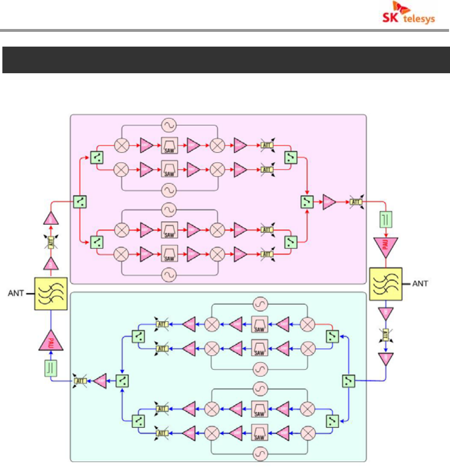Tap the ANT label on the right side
tap(419, 284)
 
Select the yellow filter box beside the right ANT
tap(386, 284)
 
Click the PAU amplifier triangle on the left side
tap(50, 341)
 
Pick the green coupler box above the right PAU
tap(386, 220)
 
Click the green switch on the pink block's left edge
tap(79, 202)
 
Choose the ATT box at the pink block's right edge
tap(355, 202)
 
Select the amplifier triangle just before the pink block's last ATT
tap(329, 202)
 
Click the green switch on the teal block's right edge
tap(349, 380)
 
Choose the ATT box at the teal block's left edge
tap(80, 380)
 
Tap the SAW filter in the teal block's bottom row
tap(260, 433)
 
